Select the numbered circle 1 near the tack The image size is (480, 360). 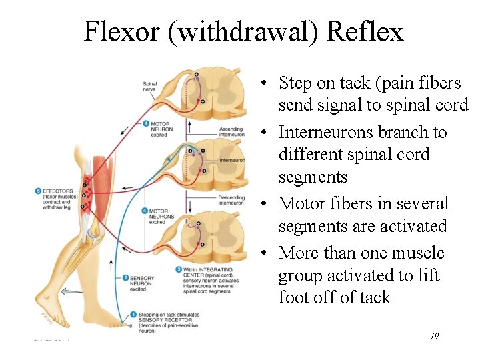[133, 314]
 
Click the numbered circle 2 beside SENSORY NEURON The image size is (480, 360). [126, 277]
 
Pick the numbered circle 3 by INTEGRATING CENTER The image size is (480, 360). [179, 269]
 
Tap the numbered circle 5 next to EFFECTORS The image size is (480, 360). [37, 191]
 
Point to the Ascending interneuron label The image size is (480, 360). [231, 131]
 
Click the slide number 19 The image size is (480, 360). [433, 337]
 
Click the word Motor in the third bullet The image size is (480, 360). [301, 203]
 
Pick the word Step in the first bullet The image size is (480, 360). [295, 83]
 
